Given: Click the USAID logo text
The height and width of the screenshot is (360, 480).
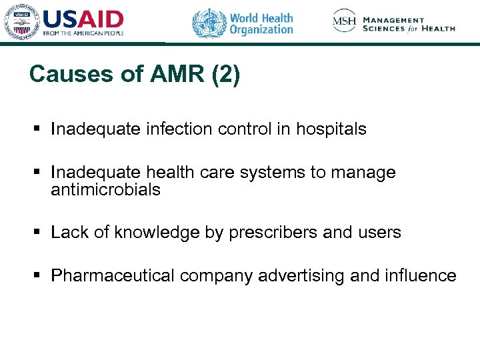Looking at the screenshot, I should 83,18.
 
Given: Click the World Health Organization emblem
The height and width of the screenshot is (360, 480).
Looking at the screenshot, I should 209,22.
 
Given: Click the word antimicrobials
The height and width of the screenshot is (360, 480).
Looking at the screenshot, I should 105,190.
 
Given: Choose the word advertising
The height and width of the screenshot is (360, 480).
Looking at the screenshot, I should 301,275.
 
